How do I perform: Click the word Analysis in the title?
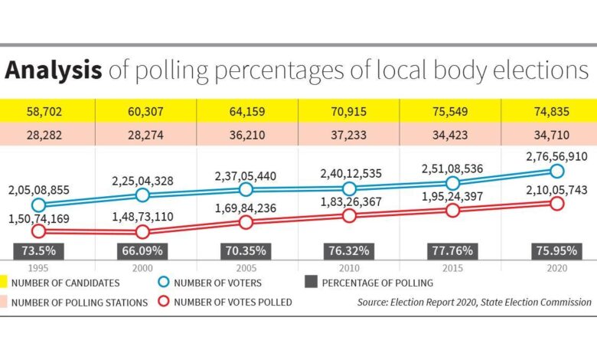click(54, 71)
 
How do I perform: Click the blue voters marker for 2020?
click(556, 171)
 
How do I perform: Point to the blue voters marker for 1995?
click(38, 205)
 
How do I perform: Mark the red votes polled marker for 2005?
click(246, 222)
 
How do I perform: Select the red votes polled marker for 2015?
click(452, 211)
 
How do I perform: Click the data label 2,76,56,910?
click(556, 155)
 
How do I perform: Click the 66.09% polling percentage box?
click(143, 250)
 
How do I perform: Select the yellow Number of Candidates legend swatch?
click(3, 283)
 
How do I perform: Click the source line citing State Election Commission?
click(474, 302)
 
